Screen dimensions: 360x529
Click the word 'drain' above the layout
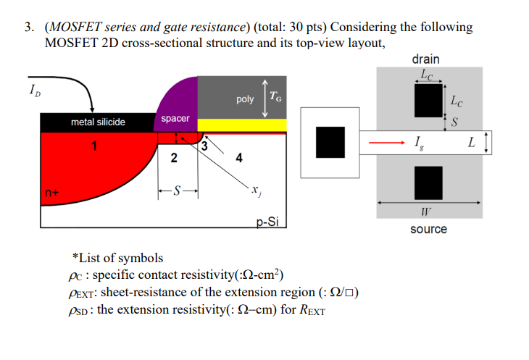point(425,59)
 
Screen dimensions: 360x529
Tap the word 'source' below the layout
point(428,229)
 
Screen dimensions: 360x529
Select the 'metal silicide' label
point(98,122)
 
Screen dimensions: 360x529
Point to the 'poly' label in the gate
point(245,99)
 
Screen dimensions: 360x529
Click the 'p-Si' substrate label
point(267,222)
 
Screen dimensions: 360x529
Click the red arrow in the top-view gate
point(383,143)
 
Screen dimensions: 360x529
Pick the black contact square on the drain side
point(428,99)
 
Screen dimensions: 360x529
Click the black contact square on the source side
point(428,182)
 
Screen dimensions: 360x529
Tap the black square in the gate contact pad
point(330,141)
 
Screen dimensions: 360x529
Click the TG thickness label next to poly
point(276,96)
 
